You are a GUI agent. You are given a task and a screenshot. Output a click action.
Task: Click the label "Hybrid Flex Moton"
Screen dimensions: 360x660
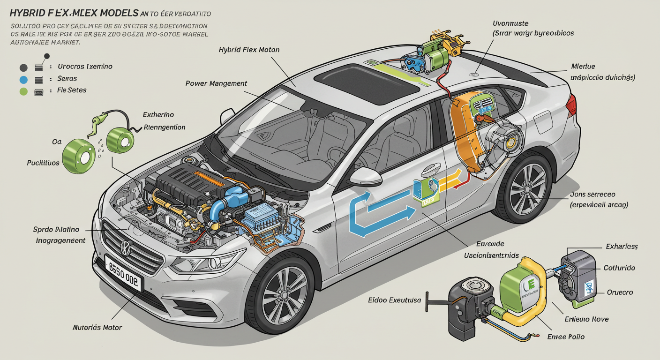pos(249,49)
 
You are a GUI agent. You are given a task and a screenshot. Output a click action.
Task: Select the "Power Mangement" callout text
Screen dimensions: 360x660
pos(216,83)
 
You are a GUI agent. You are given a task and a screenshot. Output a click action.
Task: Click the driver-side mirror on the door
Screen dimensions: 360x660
pos(366,176)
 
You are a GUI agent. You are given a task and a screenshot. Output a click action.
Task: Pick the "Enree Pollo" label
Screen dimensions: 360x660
pos(566,337)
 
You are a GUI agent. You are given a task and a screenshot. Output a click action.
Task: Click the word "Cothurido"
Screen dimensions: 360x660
pos(619,268)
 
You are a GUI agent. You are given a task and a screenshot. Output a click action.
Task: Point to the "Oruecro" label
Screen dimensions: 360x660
pos(620,292)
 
